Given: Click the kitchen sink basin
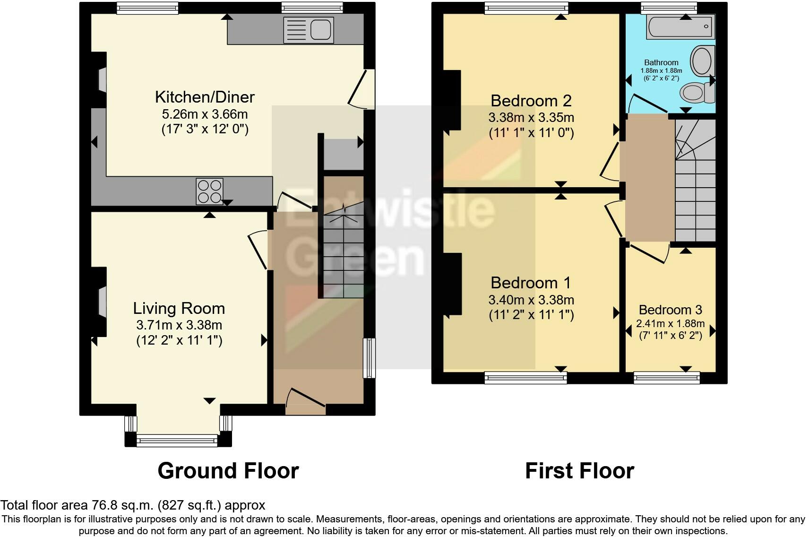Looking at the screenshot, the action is point(320,29).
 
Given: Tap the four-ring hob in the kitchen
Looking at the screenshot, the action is point(209,191).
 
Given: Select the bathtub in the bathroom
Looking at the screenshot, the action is point(680,26).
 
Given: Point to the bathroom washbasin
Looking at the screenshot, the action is point(703,61).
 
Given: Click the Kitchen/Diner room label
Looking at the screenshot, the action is point(205,97).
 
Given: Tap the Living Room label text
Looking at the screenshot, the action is point(179,308).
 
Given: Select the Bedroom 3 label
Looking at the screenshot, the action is point(671,310).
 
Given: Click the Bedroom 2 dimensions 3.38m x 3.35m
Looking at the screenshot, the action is point(531,117).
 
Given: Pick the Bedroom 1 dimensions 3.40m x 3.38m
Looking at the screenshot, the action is point(531,300).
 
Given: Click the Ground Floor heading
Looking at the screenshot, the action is point(228,470).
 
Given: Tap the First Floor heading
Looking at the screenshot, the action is point(580,470).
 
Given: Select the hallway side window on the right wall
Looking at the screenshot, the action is point(369,358).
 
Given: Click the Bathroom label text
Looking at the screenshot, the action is point(661,62).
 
